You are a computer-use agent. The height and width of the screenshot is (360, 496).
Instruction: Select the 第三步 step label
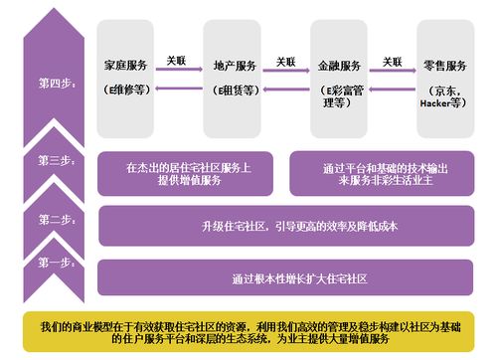tap(56, 160)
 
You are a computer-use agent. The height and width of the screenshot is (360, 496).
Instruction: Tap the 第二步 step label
tap(56, 219)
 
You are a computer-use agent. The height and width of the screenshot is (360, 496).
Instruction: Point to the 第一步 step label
tap(56, 263)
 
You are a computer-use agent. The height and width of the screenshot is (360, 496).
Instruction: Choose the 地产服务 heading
tap(235, 66)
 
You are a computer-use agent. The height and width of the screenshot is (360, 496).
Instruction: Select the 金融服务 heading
tap(340, 66)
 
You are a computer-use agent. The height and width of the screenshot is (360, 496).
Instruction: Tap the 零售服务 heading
tap(442, 66)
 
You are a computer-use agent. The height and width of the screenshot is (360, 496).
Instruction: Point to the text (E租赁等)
tap(235, 90)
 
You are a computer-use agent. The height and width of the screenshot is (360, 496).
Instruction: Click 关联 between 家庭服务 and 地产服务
tap(177, 62)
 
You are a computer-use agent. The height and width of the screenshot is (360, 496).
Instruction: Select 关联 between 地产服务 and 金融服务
tap(286, 62)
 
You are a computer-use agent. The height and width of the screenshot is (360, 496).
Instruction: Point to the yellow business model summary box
tap(248, 332)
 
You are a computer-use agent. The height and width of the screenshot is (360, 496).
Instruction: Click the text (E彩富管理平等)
tap(340, 96)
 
